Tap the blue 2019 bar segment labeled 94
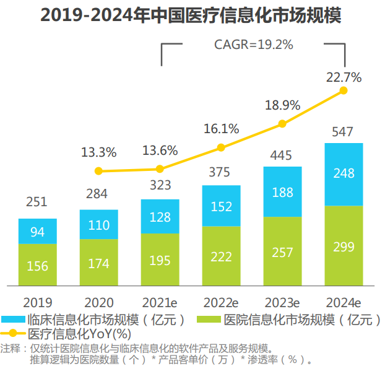tap(37, 231)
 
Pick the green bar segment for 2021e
tap(160, 259)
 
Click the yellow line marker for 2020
tap(98, 171)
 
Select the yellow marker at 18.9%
tap(282, 124)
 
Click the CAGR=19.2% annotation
tap(254, 45)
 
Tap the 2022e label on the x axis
tap(221, 302)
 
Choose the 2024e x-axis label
tap(343, 302)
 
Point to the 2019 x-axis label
tap(37, 302)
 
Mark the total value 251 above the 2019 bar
tap(37, 202)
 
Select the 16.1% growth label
tap(221, 129)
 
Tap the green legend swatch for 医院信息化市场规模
tap(209, 320)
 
